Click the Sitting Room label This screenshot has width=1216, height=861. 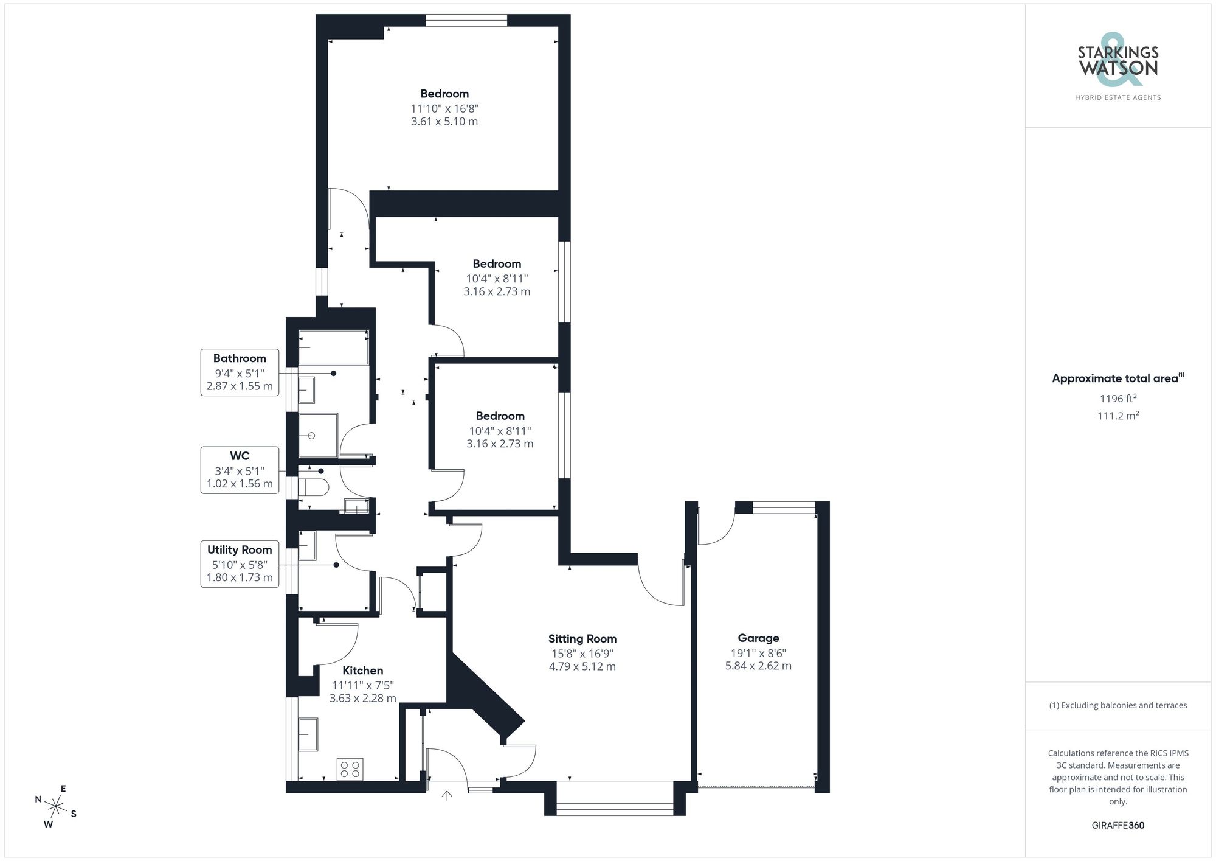tap(582, 638)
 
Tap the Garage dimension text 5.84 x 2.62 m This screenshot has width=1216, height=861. tap(758, 666)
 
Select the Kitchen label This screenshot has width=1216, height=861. tap(362, 670)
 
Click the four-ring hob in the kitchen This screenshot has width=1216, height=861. tap(350, 769)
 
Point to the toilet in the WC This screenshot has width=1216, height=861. tap(316, 487)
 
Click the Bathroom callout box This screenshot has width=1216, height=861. tap(240, 372)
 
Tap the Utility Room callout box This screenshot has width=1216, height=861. tap(240, 563)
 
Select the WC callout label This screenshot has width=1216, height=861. tap(240, 456)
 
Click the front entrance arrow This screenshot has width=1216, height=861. tap(447, 795)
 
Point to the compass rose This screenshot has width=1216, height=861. tap(56, 807)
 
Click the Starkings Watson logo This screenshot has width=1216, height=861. tap(1118, 67)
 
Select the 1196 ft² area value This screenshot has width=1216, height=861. tap(1118, 399)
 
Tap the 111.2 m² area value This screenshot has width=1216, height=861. tap(1118, 416)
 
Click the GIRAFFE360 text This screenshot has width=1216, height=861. tap(1118, 825)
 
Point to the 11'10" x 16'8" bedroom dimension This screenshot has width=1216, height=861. tap(444, 108)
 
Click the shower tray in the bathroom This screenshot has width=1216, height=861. tap(317, 435)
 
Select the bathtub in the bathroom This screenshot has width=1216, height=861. tap(333, 347)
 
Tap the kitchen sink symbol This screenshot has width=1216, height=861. tap(308, 734)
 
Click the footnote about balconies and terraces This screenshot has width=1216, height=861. tap(1118, 705)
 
